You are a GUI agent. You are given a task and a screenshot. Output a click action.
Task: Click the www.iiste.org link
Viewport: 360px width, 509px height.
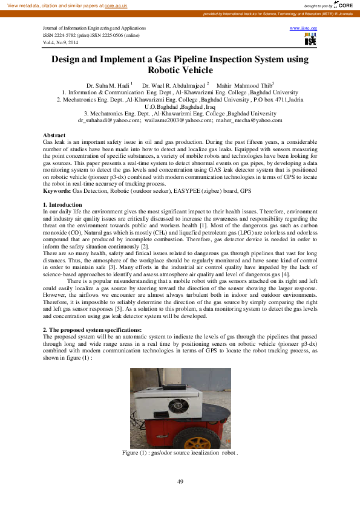tap(304, 28)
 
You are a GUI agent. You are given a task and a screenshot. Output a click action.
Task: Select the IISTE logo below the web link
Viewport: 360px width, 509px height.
tap(310, 41)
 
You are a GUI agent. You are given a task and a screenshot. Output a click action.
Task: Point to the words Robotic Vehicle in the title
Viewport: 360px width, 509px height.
tap(180, 70)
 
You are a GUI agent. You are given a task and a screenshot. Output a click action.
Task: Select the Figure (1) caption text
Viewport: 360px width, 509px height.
tap(180, 452)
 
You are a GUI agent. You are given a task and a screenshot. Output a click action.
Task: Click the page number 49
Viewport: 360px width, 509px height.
tap(180, 481)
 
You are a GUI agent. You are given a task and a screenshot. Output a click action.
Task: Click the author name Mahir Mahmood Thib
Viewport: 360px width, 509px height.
tap(246, 85)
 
